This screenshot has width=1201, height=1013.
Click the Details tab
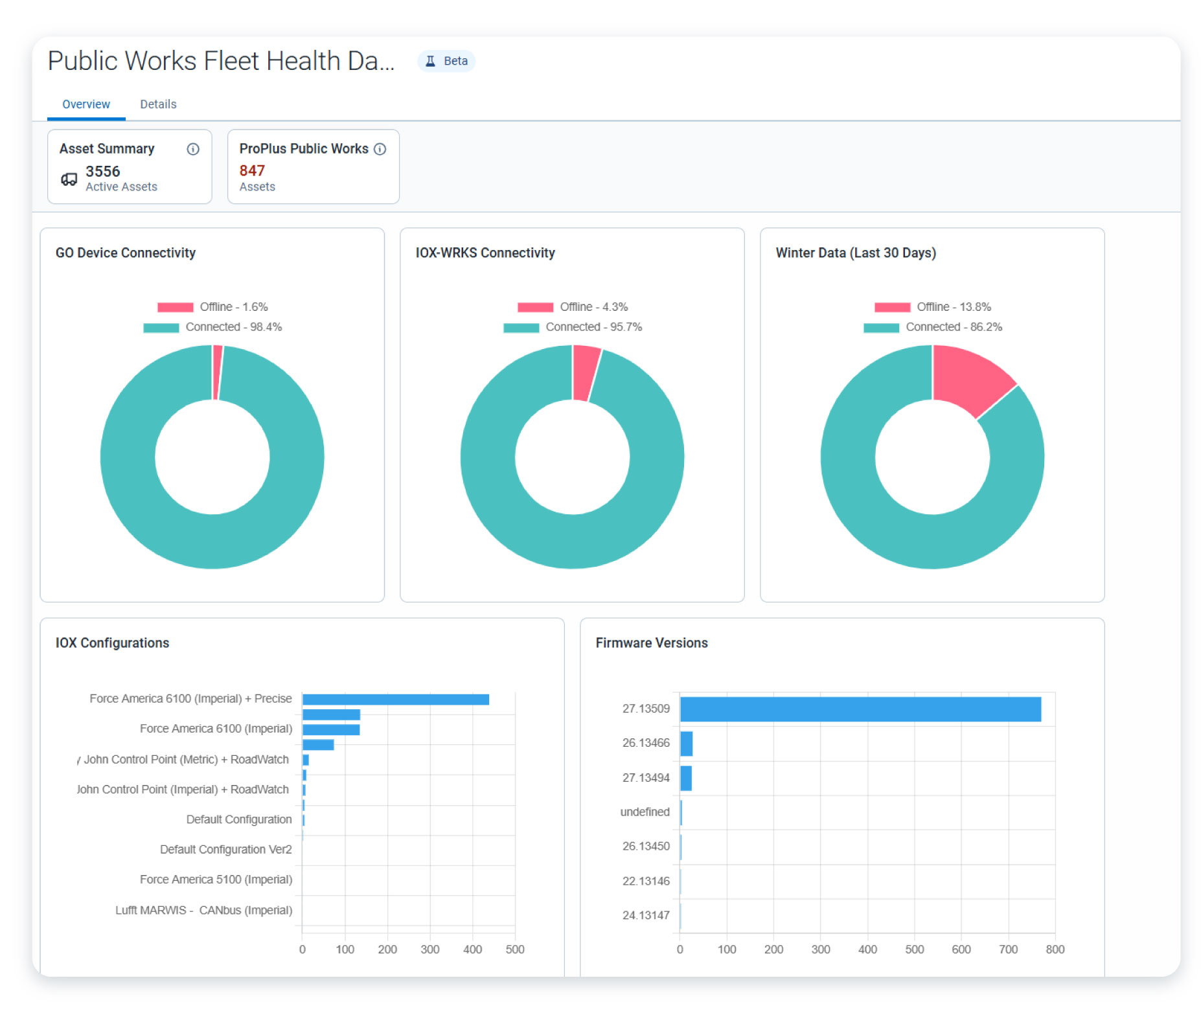click(x=158, y=104)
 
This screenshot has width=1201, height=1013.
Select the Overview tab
click(x=86, y=104)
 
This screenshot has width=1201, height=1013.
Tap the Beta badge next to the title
click(x=447, y=61)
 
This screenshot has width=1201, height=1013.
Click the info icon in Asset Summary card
click(x=193, y=149)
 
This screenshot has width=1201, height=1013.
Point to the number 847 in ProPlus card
click(x=252, y=170)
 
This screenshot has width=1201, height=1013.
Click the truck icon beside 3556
click(x=69, y=179)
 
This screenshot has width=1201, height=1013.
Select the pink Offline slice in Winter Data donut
click(x=968, y=380)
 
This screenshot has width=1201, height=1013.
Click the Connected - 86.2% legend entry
click(x=933, y=327)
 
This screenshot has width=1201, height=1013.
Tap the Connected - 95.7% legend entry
click(x=573, y=327)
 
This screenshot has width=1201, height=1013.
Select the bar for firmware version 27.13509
click(x=860, y=709)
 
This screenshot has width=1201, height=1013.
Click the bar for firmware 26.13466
click(x=686, y=744)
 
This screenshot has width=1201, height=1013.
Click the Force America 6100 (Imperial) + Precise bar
click(x=395, y=700)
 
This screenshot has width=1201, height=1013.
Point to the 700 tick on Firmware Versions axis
click(x=1008, y=949)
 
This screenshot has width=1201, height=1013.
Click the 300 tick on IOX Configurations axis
click(x=429, y=949)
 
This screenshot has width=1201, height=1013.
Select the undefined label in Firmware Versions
click(x=645, y=812)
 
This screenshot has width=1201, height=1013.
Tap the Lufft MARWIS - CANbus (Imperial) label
click(x=203, y=910)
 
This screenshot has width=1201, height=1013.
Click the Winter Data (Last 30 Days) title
click(x=855, y=253)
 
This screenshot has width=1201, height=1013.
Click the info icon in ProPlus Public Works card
click(x=380, y=149)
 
